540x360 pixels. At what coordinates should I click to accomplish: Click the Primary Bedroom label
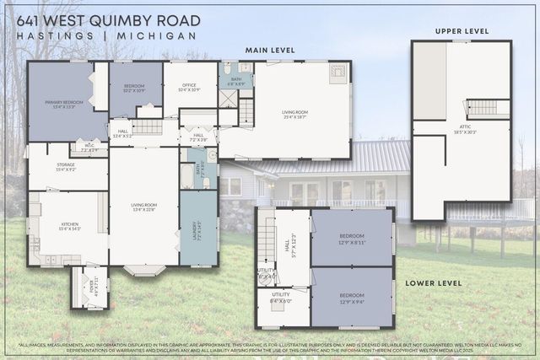click(59, 105)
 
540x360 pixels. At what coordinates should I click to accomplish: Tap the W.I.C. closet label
click(89, 148)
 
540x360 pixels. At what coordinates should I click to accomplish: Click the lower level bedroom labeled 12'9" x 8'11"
click(351, 239)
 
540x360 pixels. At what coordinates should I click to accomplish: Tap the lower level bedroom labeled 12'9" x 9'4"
click(351, 297)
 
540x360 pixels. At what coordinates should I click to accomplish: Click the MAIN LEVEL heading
click(270, 51)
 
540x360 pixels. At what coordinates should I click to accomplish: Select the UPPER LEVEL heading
click(462, 31)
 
